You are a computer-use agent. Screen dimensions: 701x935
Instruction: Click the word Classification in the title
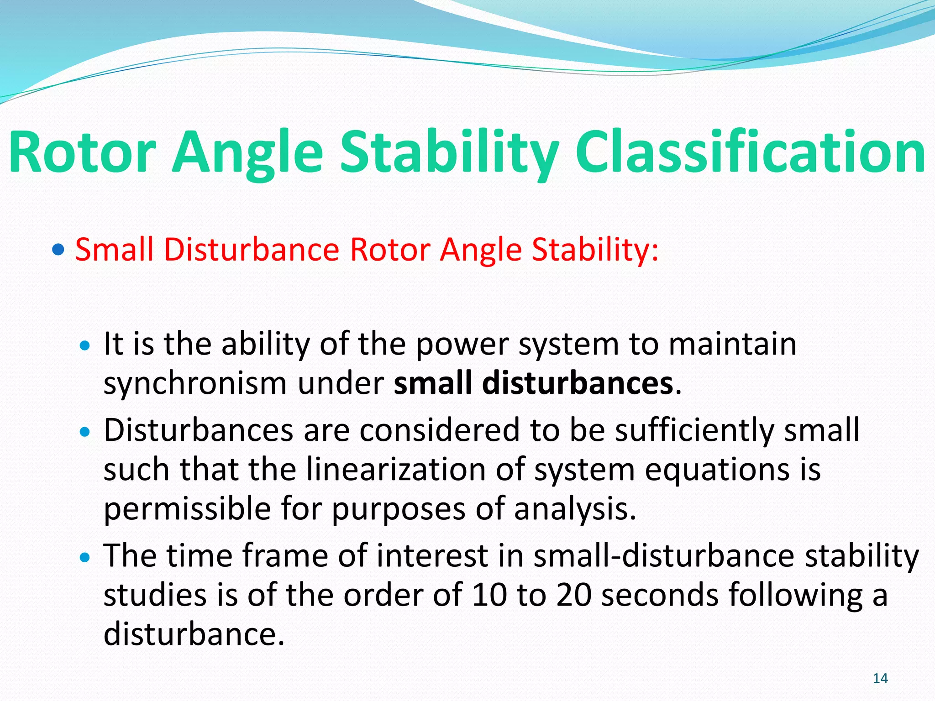point(750,152)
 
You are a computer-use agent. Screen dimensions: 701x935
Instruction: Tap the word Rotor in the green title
point(83,152)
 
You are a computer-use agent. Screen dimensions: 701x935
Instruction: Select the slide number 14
point(880,678)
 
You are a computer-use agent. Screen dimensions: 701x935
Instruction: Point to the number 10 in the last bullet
point(489,595)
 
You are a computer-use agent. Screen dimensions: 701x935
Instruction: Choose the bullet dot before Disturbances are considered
point(85,431)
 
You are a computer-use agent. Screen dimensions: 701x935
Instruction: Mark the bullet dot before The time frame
point(85,557)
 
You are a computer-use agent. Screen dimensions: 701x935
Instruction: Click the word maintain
point(732,343)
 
